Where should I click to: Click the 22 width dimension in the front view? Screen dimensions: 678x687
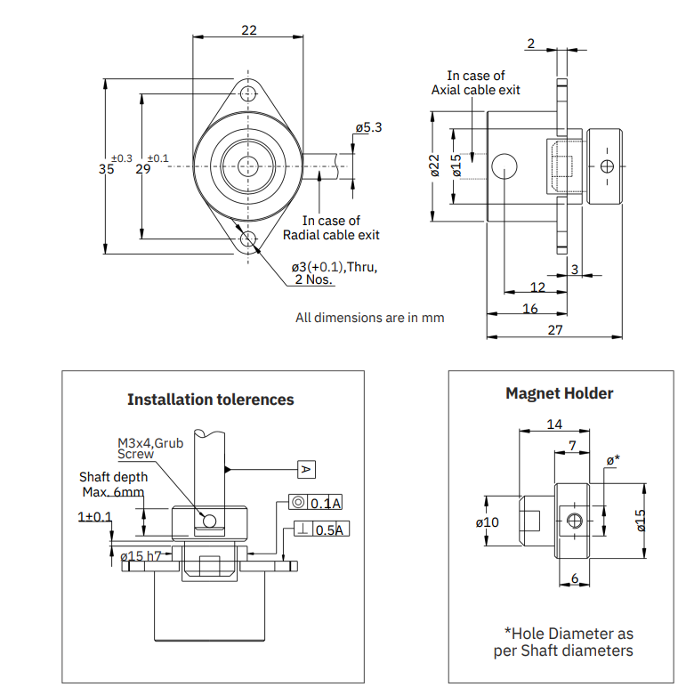coord(249,30)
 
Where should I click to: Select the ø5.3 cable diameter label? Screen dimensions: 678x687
coord(368,127)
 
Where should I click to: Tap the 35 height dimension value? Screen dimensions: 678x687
coord(107,169)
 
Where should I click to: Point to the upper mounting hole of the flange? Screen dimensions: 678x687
coord(248,93)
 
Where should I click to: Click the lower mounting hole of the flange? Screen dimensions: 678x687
coord(248,239)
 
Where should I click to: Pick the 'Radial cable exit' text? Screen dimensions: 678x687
coord(331,235)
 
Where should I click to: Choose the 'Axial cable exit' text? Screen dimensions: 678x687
coord(476,90)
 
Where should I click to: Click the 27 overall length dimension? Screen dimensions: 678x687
coord(555,329)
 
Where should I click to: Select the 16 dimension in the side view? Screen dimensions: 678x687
coord(530,309)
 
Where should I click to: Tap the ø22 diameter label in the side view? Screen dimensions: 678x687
coord(434,166)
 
